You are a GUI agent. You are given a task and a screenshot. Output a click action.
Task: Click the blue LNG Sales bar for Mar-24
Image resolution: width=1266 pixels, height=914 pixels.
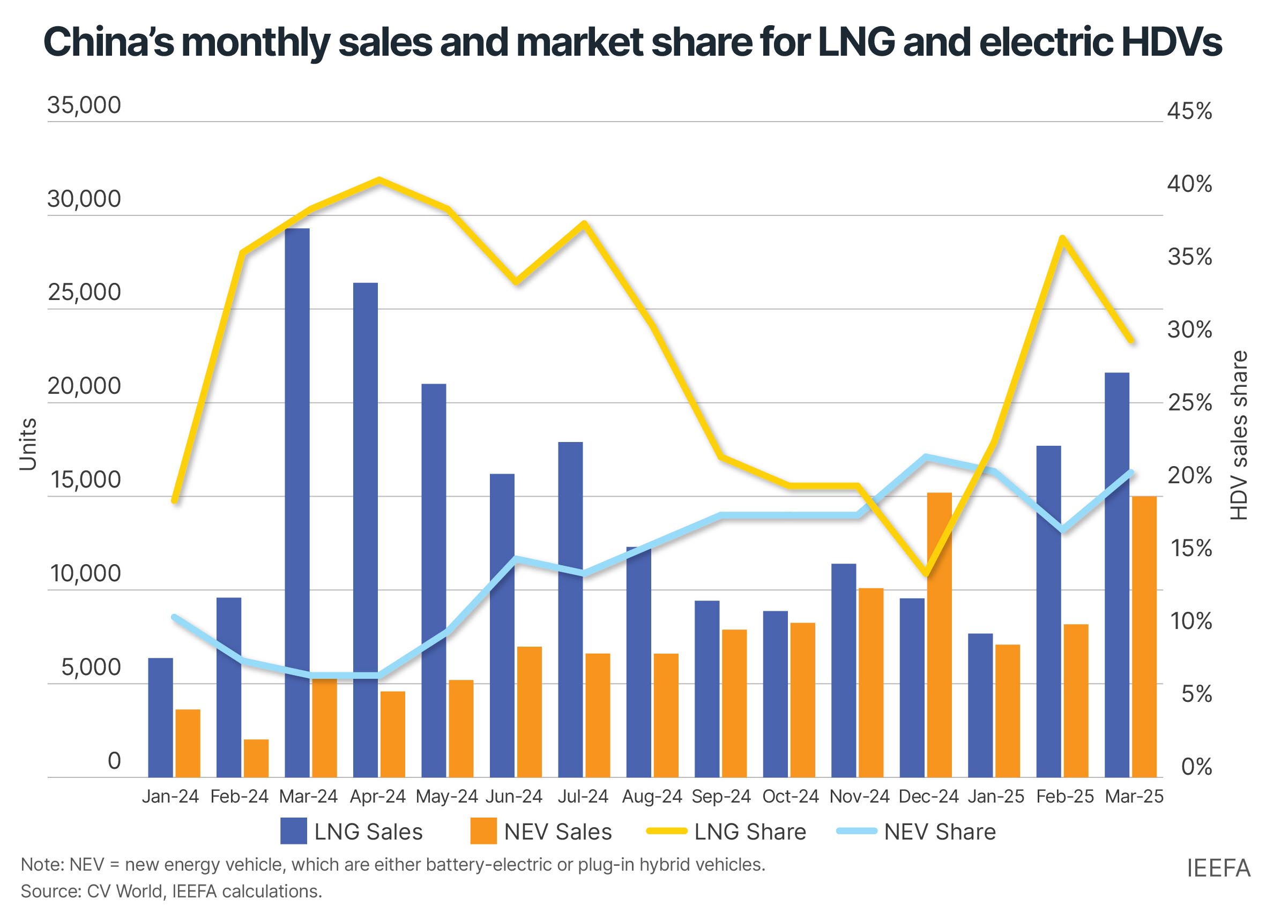click(297, 502)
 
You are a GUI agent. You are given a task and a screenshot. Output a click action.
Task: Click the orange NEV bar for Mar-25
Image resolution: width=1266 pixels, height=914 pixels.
click(1144, 636)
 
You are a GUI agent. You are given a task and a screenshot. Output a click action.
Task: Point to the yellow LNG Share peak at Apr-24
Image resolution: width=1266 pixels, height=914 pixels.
click(379, 180)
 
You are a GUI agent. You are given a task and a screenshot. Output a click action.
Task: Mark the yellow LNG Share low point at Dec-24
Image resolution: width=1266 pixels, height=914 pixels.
click(926, 573)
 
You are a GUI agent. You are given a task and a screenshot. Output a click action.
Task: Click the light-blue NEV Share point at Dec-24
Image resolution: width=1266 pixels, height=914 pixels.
click(926, 457)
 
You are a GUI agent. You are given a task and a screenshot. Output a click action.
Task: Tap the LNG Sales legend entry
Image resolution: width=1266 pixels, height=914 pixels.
click(352, 832)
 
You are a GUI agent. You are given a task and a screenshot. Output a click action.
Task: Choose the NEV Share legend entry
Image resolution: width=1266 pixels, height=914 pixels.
click(916, 832)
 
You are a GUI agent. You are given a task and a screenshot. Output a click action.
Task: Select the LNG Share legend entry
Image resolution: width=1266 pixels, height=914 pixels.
click(726, 832)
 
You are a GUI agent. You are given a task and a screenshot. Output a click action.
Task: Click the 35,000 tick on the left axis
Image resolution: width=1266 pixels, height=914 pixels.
click(84, 105)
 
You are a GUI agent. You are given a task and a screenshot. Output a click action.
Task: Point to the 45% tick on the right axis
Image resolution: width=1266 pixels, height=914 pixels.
click(1189, 111)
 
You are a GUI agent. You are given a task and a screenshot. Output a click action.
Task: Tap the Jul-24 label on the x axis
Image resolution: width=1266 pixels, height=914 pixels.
click(583, 796)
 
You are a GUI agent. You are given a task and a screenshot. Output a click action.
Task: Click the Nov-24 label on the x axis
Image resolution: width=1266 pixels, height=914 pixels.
click(859, 796)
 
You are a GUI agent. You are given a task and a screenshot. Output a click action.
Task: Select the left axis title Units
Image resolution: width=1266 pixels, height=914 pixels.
click(28, 444)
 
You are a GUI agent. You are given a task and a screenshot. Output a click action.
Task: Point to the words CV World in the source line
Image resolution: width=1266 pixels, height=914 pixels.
click(124, 891)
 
